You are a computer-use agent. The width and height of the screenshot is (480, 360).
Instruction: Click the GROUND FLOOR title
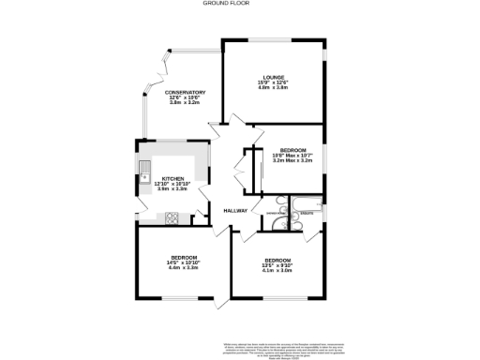[240, 4]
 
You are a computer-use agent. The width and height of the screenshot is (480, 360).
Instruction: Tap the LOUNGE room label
[273, 77]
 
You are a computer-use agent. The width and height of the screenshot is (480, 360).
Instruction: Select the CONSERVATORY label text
[185, 92]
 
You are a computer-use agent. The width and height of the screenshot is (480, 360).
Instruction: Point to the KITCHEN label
[173, 178]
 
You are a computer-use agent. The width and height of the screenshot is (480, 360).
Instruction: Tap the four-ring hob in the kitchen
[172, 218]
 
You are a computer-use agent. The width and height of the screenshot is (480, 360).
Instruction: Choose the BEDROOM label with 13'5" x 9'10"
[277, 260]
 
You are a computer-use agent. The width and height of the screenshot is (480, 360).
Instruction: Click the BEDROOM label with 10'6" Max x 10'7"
[292, 150]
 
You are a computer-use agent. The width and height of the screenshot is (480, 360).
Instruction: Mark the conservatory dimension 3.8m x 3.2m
[185, 102]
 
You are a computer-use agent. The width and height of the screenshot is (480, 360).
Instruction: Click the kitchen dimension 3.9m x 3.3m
[173, 188]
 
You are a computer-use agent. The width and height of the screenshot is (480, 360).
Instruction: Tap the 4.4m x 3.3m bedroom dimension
[183, 268]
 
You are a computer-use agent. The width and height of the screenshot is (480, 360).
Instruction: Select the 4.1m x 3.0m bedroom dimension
[277, 271]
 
